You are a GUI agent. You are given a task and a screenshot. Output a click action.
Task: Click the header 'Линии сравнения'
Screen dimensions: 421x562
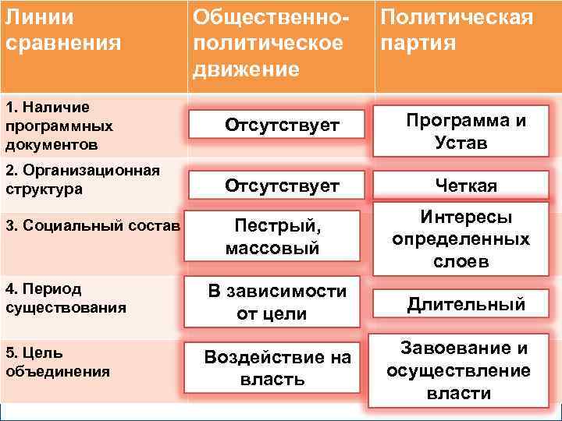(x=62, y=29)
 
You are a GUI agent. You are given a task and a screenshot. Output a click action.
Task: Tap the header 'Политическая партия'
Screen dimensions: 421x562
(x=457, y=29)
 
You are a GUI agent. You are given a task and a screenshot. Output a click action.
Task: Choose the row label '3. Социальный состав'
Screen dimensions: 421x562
(x=92, y=226)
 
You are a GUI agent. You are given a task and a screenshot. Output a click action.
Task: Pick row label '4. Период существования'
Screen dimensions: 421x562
(x=66, y=298)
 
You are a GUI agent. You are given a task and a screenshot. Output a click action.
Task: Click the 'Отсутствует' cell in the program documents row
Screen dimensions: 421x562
(x=282, y=125)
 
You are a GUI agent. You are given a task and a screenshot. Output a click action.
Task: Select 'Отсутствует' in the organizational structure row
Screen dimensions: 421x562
(x=282, y=186)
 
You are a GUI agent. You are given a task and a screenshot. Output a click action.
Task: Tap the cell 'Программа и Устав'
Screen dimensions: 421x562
(x=466, y=132)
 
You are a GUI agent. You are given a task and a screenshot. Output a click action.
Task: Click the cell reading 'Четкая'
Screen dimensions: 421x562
(x=466, y=186)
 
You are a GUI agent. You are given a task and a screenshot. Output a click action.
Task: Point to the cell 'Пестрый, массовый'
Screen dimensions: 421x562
(x=272, y=237)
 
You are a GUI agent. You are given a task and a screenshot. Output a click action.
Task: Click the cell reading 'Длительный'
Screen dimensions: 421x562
(x=466, y=304)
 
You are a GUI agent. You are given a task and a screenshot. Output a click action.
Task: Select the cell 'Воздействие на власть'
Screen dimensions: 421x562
(x=277, y=369)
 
